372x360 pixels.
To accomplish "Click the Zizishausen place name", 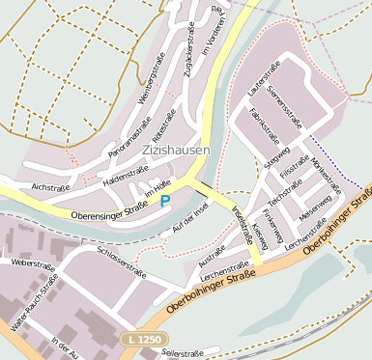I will (x=174, y=151).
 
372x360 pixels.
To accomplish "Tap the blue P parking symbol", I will (x=164, y=201).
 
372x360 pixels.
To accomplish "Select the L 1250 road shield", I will (x=143, y=340).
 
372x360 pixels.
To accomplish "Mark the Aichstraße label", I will (x=52, y=184).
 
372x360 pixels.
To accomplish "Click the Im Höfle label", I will (x=157, y=188).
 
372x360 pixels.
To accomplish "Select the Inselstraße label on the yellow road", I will (x=242, y=227).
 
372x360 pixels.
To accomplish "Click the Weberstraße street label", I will (x=31, y=263).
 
